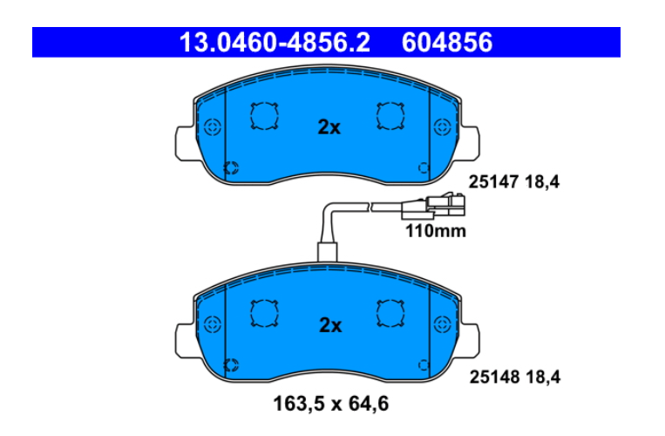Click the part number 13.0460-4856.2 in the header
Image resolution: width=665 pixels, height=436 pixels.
coord(275,43)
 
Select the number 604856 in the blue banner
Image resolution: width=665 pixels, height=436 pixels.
coord(447,43)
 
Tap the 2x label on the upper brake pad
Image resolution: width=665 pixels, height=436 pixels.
coord(329,126)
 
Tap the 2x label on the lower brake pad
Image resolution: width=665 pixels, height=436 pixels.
coord(330,325)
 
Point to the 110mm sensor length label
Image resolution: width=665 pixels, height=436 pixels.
coord(436,231)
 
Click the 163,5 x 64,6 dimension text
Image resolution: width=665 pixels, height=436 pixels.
coord(331,404)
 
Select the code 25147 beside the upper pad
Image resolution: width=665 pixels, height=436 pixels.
coord(493,182)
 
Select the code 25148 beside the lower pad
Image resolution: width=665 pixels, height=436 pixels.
coord(494,377)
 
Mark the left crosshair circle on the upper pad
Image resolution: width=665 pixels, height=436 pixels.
coord(213,126)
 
